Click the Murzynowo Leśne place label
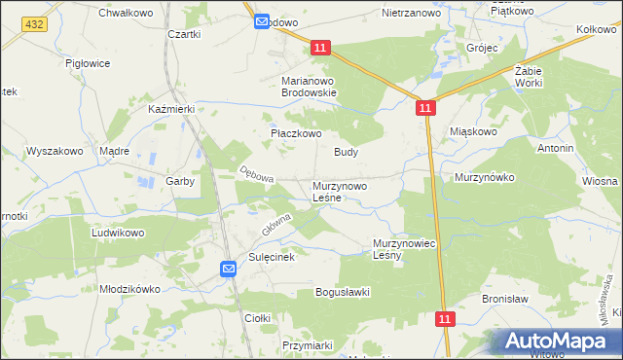[340, 191]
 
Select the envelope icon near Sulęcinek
[228, 269]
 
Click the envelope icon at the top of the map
[262, 21]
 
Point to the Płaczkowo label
[295, 134]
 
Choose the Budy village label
[347, 152]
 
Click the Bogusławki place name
[344, 292]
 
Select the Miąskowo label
[474, 130]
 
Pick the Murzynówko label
[484, 178]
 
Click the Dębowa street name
[257, 174]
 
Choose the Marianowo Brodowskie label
[309, 87]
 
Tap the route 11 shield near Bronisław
[445, 318]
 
